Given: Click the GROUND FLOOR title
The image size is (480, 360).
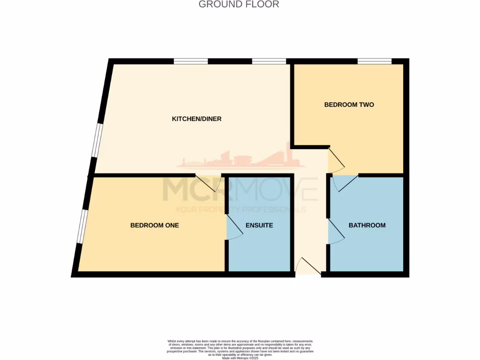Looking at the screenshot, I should point(239,5).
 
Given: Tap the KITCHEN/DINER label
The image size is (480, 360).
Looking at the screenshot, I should point(196,119).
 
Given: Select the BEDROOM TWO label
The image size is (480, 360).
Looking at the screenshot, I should point(349,105).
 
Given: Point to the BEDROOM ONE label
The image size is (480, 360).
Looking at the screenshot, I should point(154,225).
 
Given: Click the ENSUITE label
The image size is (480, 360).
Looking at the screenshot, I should point(259,225).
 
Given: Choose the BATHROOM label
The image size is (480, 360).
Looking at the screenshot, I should point(367,225).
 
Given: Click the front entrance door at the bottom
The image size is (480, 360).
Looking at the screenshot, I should point(308,267).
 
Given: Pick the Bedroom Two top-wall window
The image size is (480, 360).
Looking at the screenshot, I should point(375,61).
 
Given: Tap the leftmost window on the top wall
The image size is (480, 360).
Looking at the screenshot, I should point(191,61).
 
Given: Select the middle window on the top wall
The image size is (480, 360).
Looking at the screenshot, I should point(269,61).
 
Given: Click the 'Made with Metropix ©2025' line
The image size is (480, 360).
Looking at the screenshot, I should point(240,357).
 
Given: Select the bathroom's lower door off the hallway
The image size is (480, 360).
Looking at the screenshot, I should point(336,232).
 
